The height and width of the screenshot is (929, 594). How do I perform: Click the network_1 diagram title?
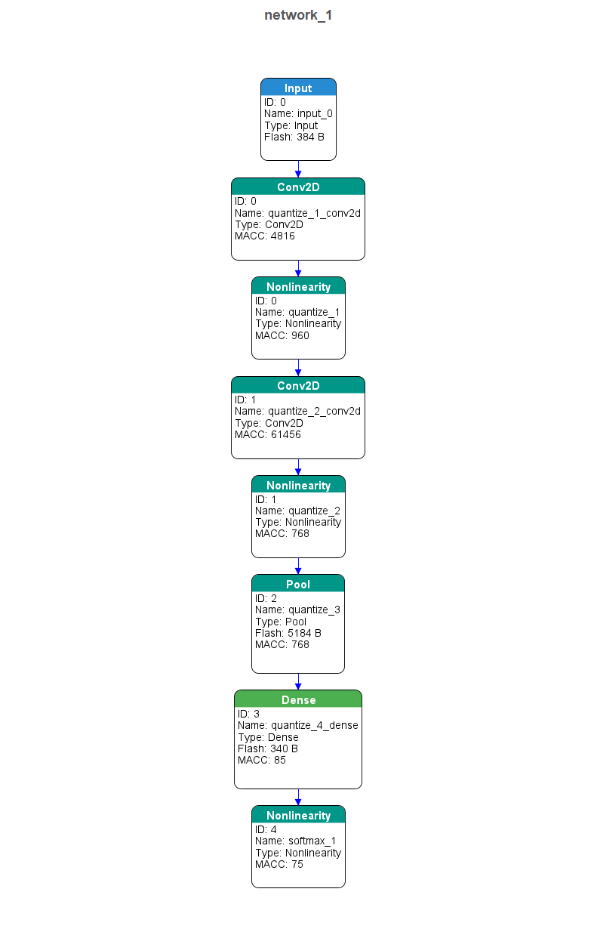(298, 15)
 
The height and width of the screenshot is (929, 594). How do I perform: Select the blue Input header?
(298, 87)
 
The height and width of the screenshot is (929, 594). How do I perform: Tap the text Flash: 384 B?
(294, 137)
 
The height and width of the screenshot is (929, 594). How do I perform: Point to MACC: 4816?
(264, 236)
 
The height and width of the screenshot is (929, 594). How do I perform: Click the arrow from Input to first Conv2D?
(298, 169)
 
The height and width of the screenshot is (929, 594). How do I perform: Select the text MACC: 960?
(282, 335)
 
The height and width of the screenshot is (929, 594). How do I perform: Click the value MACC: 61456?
(268, 434)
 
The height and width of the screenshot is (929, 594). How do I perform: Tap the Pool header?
(298, 584)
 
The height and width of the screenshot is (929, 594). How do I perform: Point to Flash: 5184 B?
(288, 633)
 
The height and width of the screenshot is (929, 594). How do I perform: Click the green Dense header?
(298, 699)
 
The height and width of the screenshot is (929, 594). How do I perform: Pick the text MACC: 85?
(262, 761)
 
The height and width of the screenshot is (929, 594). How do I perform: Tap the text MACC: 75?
(279, 864)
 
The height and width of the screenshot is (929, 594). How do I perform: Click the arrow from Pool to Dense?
(298, 682)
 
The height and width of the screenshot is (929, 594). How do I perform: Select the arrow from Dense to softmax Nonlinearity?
(298, 798)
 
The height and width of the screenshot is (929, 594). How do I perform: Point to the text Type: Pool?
(281, 622)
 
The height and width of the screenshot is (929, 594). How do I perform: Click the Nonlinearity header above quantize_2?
(298, 485)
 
